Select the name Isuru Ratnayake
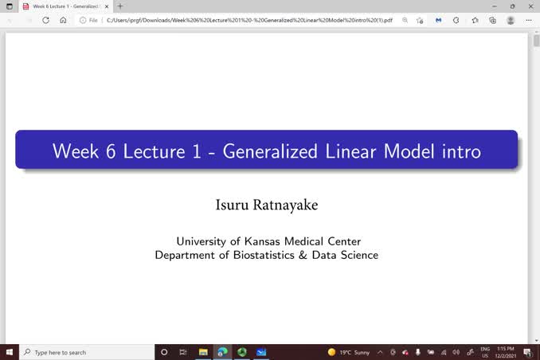pos(267,205)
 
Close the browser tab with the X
pos(108,6)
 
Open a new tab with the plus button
pos(120,6)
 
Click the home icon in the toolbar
pos(63,20)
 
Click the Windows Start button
pos(9,352)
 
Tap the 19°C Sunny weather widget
pos(349,352)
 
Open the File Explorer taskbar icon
pos(203,352)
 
